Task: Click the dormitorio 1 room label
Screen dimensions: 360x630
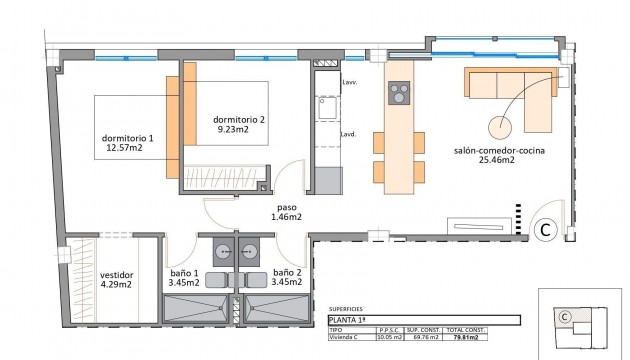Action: coord(127,138)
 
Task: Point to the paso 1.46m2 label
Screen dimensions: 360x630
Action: coord(286,214)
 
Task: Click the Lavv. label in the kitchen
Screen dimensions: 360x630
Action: coord(348,85)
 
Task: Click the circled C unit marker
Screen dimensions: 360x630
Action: coord(547,229)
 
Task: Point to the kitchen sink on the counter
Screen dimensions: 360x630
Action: coord(325,107)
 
